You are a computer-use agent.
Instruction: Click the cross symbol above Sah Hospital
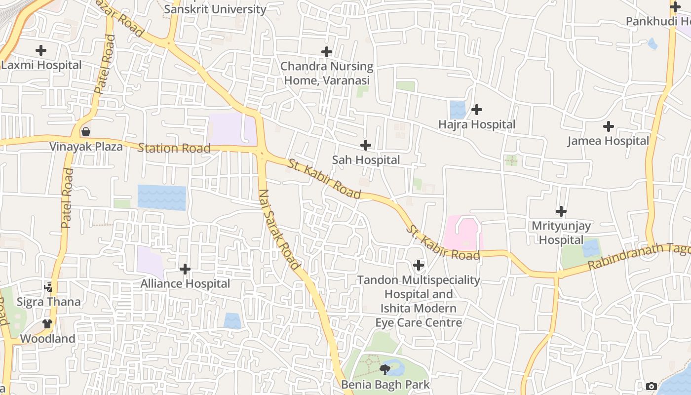[x=366, y=145]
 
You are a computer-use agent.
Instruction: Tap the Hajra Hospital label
[x=477, y=124]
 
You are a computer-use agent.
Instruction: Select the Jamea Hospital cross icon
[x=609, y=126]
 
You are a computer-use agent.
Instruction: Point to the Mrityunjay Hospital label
[x=561, y=233]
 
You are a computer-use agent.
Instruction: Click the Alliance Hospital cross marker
[x=185, y=269]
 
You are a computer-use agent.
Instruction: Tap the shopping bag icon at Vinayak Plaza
[x=86, y=132]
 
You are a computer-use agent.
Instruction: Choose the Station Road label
[x=174, y=148]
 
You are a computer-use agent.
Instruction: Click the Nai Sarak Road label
[x=279, y=230]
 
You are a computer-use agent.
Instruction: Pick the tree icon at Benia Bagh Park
[x=385, y=369]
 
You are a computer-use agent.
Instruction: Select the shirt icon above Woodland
[x=47, y=324]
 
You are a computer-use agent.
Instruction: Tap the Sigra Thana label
[x=48, y=302]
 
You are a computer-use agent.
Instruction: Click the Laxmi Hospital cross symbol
[x=41, y=50]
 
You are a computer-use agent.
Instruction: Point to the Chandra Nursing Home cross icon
[x=326, y=52]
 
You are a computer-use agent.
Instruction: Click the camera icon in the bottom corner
[x=652, y=386]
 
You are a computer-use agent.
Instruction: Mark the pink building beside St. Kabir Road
[x=462, y=233]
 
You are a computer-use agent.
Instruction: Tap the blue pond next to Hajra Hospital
[x=458, y=110]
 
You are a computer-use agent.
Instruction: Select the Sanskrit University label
[x=215, y=9]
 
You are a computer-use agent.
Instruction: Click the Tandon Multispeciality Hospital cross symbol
[x=418, y=265]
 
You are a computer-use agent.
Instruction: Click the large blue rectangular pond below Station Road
[x=162, y=197]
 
